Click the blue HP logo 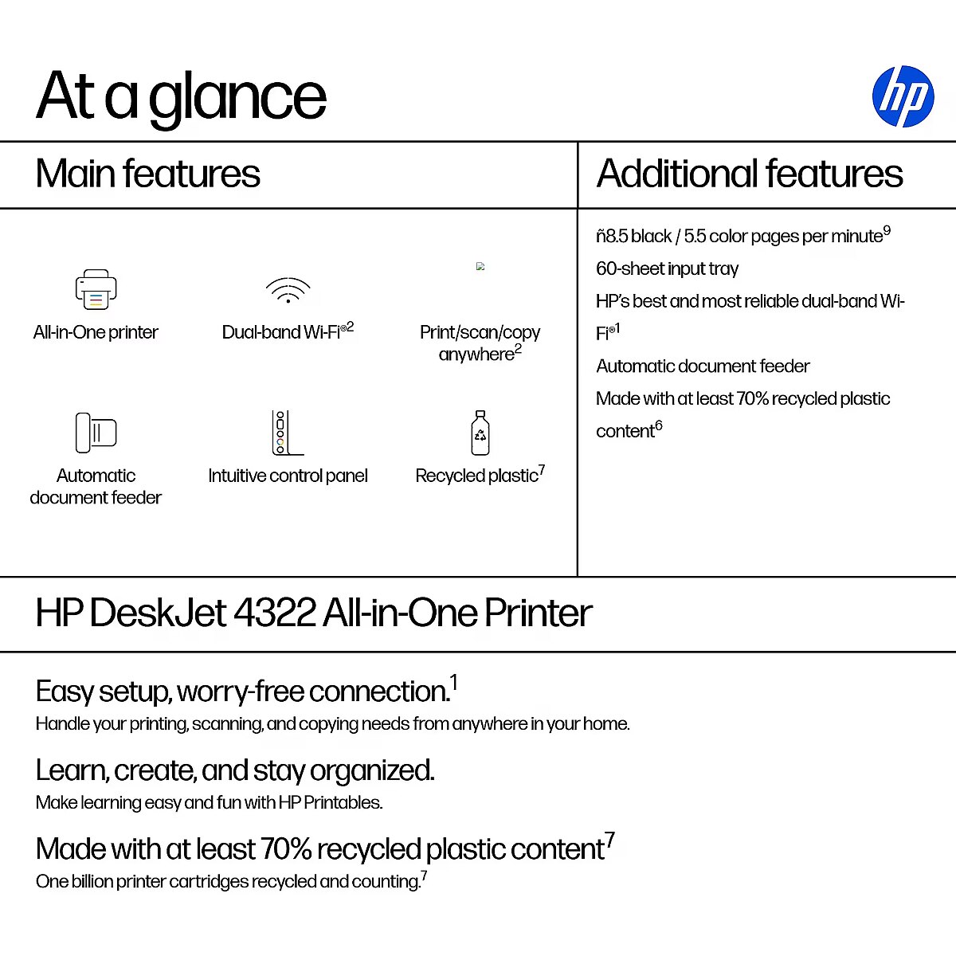pos(903,96)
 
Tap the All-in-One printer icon pos(96,290)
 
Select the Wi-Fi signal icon pos(288,291)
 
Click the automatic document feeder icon pos(96,433)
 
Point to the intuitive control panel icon pos(287,433)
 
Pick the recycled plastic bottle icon pos(480,433)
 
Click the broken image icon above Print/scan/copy pos(480,267)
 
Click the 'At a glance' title pos(182,96)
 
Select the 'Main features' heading pos(148,174)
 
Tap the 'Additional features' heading pos(750,174)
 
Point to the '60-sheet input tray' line pos(667,268)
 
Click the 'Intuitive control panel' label pos(288,476)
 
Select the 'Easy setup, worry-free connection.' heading pos(243,692)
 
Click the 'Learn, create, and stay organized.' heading pos(235,770)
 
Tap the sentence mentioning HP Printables pos(209,802)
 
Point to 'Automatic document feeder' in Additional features pos(703,366)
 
